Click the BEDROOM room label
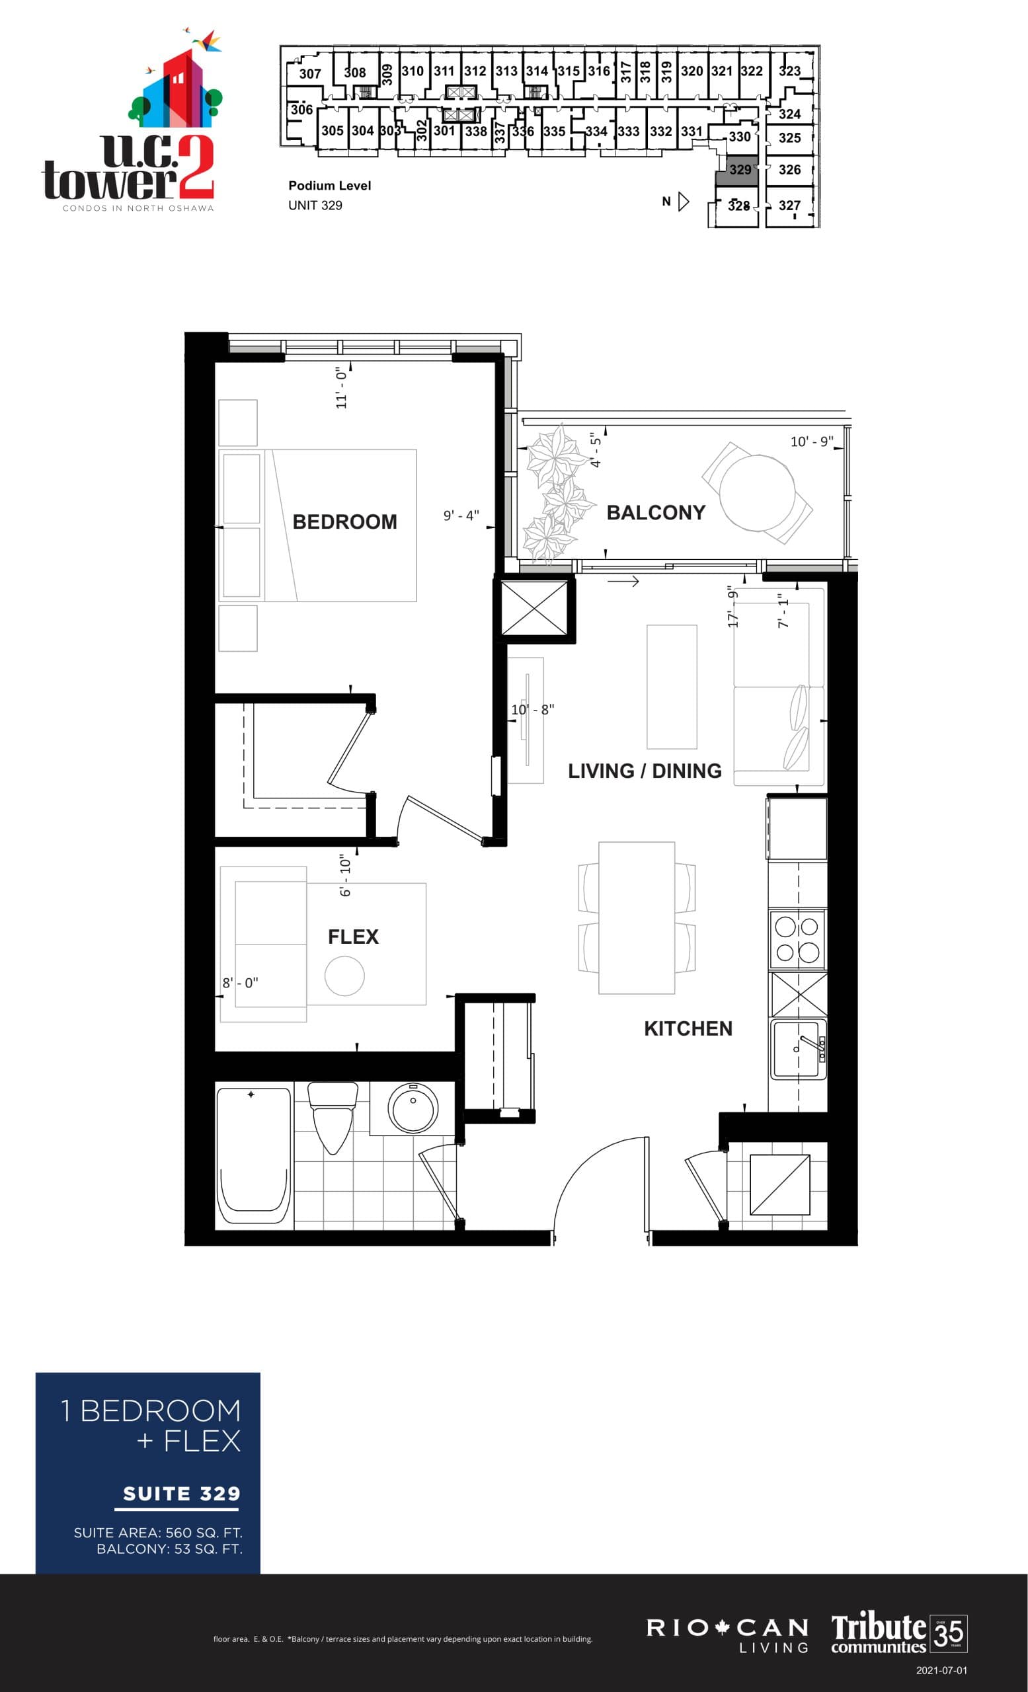tap(344, 522)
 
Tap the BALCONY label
tap(655, 513)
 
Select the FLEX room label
tap(353, 937)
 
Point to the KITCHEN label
tap(688, 1028)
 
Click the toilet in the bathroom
tap(333, 1116)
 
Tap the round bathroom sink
tap(413, 1107)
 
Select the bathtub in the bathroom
tap(253, 1155)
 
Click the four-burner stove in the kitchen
tap(797, 939)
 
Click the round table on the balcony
tap(757, 492)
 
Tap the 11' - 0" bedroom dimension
tap(341, 387)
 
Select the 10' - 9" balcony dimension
tap(811, 442)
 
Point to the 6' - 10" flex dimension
tap(345, 875)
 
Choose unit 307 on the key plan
tap(309, 73)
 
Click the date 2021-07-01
tap(941, 1670)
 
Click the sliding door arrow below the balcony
tap(623, 582)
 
